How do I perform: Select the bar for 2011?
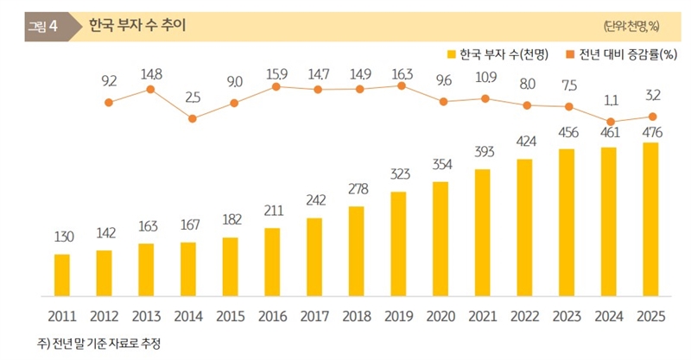pos(61,273)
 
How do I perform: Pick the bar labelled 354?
pos(441,237)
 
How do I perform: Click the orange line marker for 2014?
pos(193,118)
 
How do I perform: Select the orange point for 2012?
pos(109,103)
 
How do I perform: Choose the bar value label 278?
pos(356,189)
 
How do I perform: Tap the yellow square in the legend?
pos(451,54)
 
